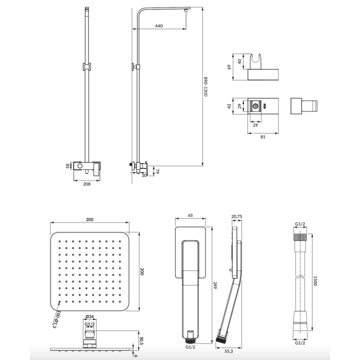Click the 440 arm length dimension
tap(159, 25)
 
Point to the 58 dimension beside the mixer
tap(68, 166)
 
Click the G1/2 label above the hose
tap(301, 224)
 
